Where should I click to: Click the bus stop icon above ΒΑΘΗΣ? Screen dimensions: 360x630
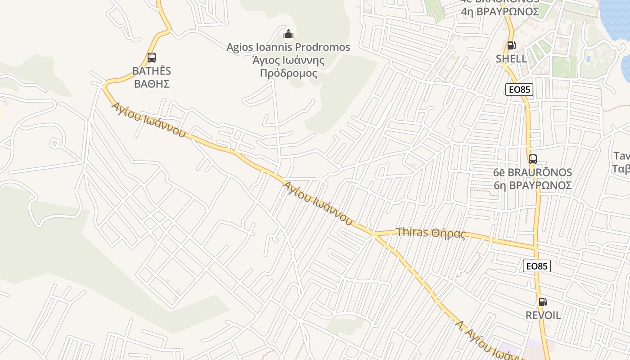tap(152, 58)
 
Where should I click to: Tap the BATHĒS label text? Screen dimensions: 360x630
tap(152, 71)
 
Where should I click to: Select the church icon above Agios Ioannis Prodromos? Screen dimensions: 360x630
tap(288, 34)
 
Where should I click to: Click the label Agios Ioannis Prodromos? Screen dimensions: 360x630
tap(288, 47)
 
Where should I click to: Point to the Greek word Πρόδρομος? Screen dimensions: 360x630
tap(288, 73)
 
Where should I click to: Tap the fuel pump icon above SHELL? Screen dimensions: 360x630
tap(511, 45)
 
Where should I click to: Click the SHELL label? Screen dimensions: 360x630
tap(511, 59)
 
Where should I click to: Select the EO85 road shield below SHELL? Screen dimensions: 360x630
tap(519, 90)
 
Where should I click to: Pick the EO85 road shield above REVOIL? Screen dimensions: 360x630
tap(537, 266)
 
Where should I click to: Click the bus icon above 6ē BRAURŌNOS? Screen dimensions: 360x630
tap(533, 159)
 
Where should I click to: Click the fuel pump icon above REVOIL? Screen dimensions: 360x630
tap(543, 302)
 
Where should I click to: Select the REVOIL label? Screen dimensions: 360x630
tap(543, 315)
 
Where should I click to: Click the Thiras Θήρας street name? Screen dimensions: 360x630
tap(431, 233)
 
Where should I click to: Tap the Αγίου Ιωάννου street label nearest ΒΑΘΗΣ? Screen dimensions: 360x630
tap(149, 120)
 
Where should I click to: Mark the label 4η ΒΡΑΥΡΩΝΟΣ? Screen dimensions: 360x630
tap(500, 11)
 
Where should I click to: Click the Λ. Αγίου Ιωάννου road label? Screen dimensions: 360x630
tap(488, 341)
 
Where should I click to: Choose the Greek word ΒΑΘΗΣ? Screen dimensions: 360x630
tap(152, 84)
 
